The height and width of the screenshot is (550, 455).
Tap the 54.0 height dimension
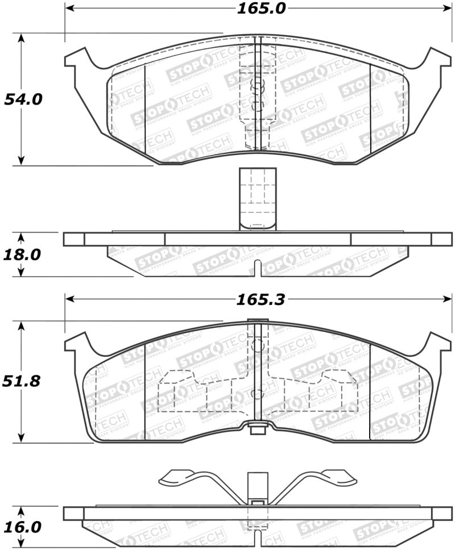point(23,99)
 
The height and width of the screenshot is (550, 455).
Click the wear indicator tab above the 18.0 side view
point(258,199)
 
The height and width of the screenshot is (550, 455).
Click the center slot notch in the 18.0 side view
point(258,268)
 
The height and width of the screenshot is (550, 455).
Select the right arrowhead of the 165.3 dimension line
point(446,299)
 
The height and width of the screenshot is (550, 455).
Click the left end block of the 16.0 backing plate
point(73,514)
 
